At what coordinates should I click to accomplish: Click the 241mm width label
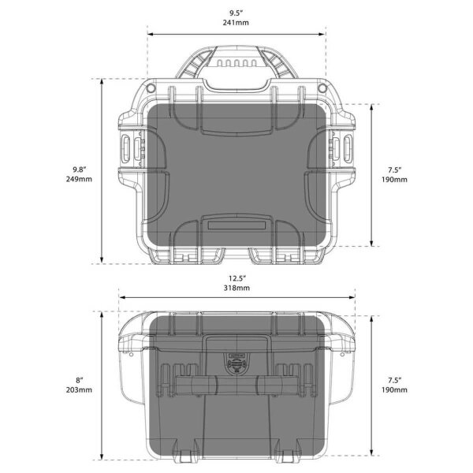click(236, 24)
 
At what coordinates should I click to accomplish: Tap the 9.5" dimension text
click(236, 13)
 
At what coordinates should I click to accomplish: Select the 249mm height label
click(80, 180)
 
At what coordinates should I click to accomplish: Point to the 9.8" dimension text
click(80, 169)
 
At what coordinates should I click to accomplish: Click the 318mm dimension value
click(236, 289)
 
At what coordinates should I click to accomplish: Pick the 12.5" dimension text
click(236, 277)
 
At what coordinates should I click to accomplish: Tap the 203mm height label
click(80, 389)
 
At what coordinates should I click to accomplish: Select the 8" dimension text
click(80, 378)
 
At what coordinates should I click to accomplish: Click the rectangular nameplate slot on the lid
click(236, 225)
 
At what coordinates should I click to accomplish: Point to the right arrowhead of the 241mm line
click(323, 33)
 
